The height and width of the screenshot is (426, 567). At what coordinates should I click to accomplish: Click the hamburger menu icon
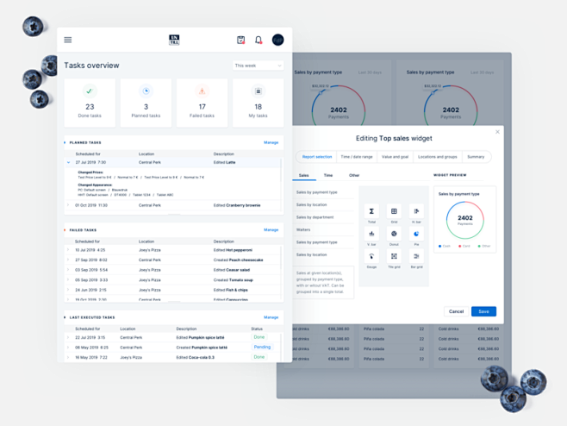click(x=68, y=40)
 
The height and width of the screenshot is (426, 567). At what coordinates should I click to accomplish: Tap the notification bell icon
click(x=258, y=40)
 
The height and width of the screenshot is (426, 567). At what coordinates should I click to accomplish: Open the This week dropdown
click(x=258, y=66)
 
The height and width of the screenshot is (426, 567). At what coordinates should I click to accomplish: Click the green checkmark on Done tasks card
click(x=90, y=91)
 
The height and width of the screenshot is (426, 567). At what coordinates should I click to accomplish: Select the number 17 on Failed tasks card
click(x=202, y=107)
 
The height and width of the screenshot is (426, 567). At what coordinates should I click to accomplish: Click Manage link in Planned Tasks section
click(x=271, y=142)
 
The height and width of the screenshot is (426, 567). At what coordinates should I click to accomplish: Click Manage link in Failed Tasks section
click(x=271, y=230)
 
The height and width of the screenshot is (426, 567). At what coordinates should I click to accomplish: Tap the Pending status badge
click(x=262, y=347)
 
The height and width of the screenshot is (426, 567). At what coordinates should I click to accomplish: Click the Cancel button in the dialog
click(x=456, y=311)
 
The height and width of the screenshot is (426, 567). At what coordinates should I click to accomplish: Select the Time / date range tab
click(x=357, y=157)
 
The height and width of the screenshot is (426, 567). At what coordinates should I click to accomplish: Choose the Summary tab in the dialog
click(x=476, y=157)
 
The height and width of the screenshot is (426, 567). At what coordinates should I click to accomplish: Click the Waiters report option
click(x=303, y=229)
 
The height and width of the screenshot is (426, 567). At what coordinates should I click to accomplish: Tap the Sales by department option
click(x=315, y=217)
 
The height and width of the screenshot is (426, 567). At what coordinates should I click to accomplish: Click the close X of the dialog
click(x=497, y=132)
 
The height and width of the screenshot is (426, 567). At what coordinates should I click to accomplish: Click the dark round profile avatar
click(x=277, y=40)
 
